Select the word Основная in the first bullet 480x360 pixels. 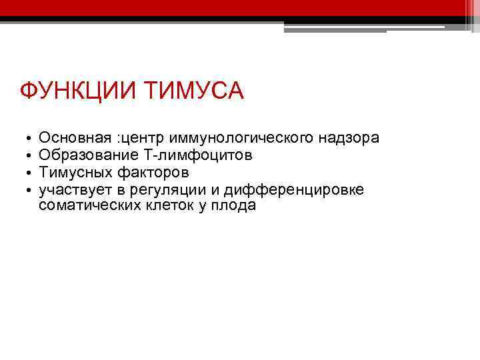coord(75,138)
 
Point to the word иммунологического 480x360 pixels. coord(234,138)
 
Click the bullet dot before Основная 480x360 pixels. coord(25,140)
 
